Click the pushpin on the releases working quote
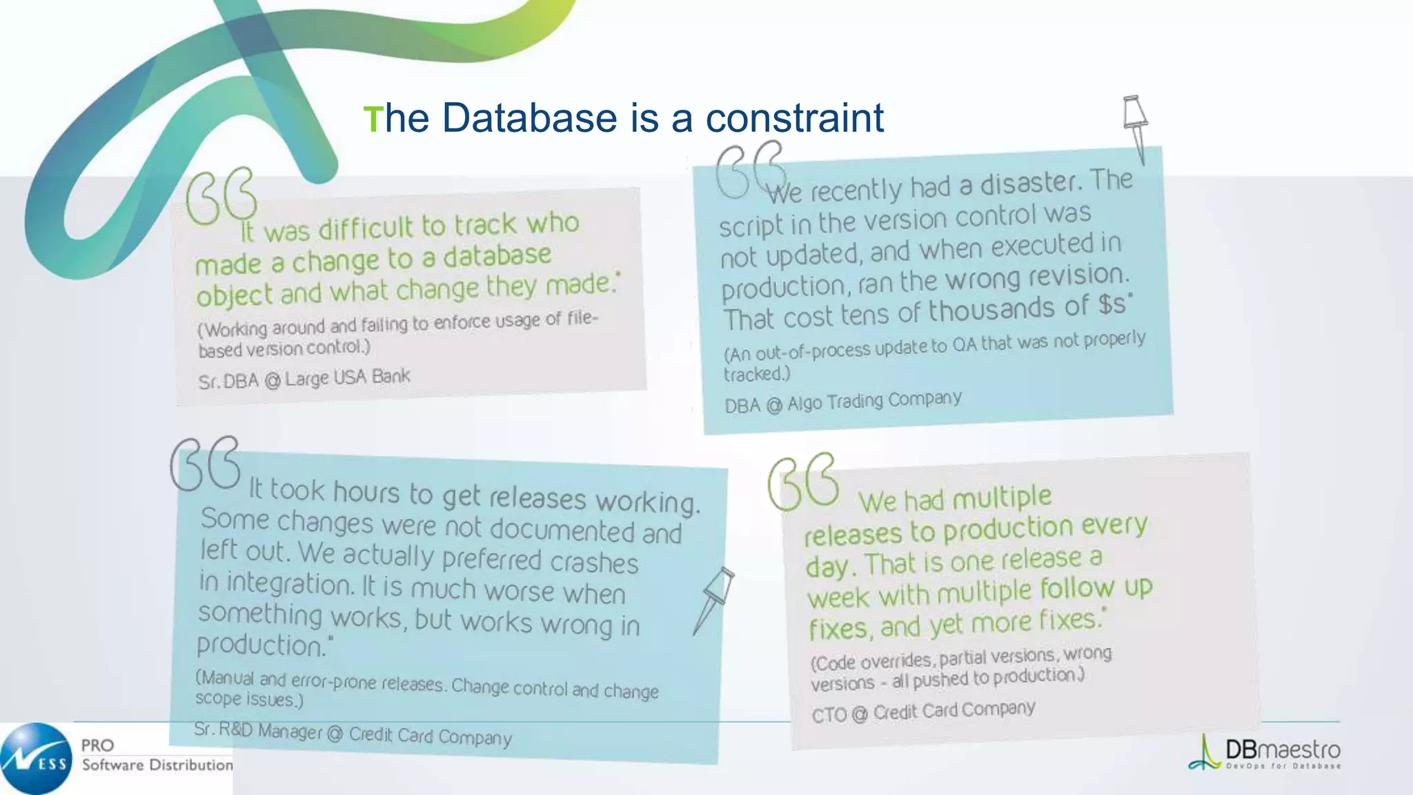pos(715,597)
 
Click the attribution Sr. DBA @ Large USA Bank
pos(304,379)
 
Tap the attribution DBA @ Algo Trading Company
pos(842,402)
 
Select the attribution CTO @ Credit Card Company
pos(923,711)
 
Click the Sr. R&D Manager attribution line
pos(353,734)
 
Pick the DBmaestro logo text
pos(1282,750)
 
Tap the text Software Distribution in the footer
pos(157,765)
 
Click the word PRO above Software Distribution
pos(97,745)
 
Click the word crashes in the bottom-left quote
pos(594,562)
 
